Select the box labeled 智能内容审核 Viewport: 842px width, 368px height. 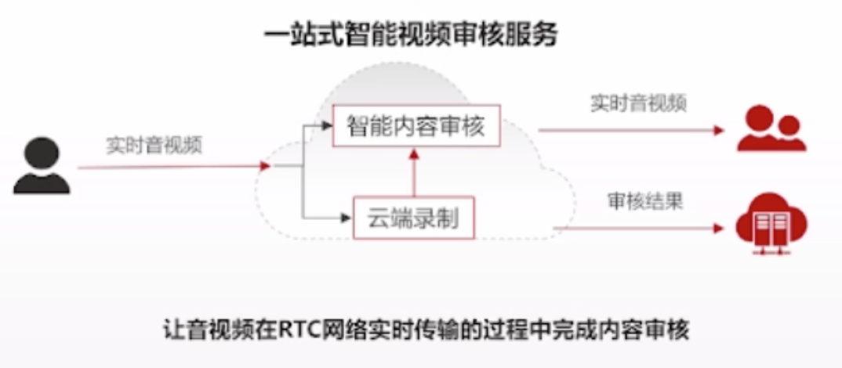[415, 126]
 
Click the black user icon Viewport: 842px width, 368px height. [42, 165]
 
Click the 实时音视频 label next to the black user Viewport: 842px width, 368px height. [154, 146]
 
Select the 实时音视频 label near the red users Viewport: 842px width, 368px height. [639, 103]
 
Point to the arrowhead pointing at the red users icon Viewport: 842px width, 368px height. [719, 130]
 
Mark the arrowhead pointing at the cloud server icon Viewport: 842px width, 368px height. [719, 229]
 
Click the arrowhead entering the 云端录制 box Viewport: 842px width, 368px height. [346, 217]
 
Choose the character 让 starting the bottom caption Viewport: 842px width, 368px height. [176, 330]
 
